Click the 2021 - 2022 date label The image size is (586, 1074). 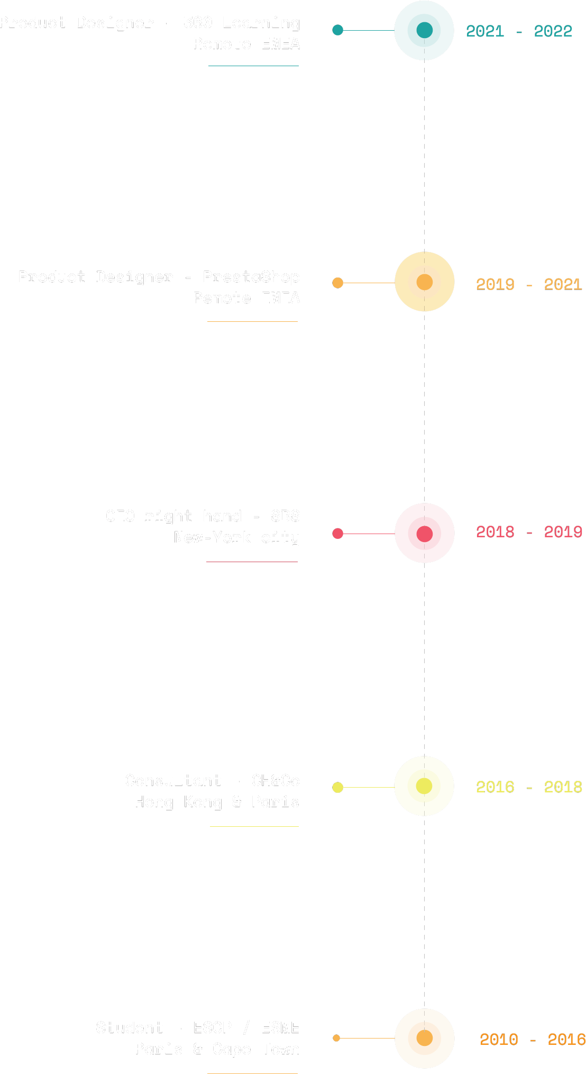(519, 31)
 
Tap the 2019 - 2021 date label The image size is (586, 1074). (529, 284)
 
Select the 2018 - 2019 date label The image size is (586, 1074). (529, 531)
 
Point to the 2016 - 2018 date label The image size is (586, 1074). (529, 787)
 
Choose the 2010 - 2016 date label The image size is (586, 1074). (532, 1040)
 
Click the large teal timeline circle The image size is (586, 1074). (424, 30)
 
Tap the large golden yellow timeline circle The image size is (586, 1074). (424, 282)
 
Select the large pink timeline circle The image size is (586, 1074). (424, 533)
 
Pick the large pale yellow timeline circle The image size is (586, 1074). (424, 786)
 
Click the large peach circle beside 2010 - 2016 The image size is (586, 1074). (424, 1038)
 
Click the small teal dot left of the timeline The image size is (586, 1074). (338, 30)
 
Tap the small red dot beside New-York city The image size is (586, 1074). (338, 533)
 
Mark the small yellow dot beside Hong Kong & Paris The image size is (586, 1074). (338, 787)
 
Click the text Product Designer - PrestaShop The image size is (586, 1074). (159, 277)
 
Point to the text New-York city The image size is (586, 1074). (236, 537)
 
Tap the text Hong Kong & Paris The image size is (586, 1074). (217, 802)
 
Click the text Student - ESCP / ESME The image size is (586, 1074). (197, 1027)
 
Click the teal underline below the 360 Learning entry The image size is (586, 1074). (253, 66)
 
